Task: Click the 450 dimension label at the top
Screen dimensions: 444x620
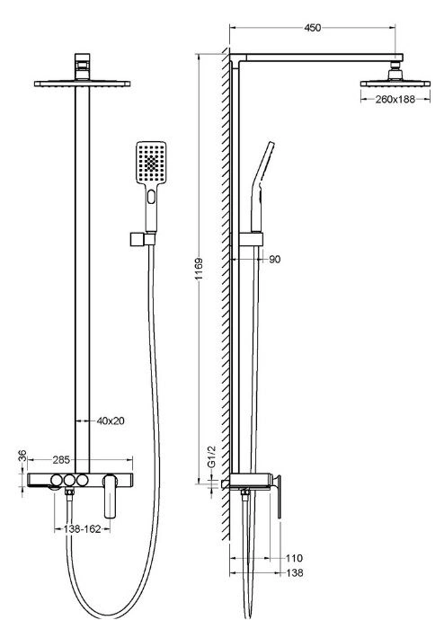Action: [312, 28]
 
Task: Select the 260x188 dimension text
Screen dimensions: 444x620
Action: [395, 99]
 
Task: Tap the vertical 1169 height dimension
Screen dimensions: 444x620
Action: [199, 269]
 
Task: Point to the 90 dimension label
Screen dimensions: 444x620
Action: [274, 260]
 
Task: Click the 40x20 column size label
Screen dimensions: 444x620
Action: [111, 421]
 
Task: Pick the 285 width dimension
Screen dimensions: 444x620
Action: [61, 459]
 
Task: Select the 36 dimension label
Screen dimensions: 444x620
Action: [22, 456]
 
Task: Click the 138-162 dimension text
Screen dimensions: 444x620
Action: [82, 529]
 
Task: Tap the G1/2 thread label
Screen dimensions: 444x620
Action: [212, 456]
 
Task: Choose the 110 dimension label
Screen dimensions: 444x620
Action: [294, 558]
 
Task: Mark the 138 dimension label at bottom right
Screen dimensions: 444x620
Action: [295, 572]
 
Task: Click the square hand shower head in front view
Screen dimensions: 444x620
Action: [151, 163]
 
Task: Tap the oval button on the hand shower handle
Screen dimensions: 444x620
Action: [151, 197]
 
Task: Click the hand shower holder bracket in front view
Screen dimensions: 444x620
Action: [142, 239]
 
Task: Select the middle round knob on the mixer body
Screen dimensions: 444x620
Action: [69, 481]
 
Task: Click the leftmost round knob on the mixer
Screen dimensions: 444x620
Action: [56, 481]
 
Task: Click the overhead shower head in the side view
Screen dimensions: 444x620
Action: [395, 79]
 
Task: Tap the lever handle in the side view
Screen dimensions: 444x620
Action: [279, 497]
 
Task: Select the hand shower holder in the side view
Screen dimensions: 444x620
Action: [251, 240]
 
